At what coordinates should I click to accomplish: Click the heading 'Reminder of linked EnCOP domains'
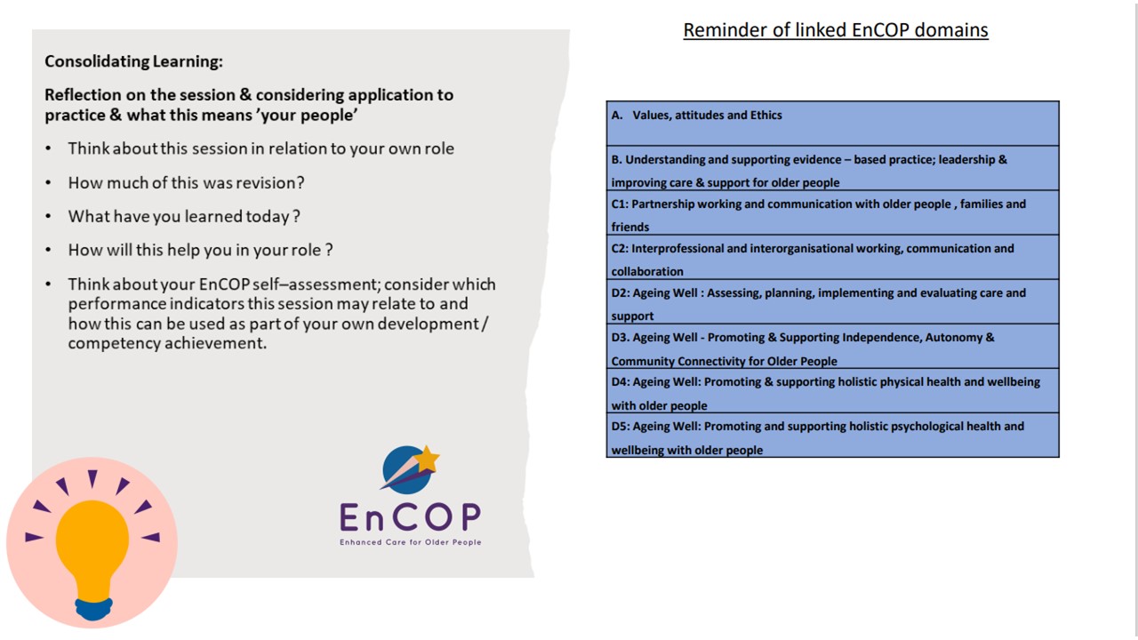tap(836, 30)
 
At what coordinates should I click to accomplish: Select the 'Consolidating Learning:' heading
tap(133, 61)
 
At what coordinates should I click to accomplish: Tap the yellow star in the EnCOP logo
tap(427, 459)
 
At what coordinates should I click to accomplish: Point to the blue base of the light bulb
tap(93, 609)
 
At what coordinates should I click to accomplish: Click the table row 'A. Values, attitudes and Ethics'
tap(833, 124)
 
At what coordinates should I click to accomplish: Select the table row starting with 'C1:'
tap(833, 212)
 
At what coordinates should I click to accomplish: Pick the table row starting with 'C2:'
tap(833, 257)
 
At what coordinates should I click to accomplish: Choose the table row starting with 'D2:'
tap(833, 301)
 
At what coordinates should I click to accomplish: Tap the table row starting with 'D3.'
tap(833, 346)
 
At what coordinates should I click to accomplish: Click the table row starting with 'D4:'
tap(833, 390)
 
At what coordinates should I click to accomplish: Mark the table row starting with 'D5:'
tap(833, 435)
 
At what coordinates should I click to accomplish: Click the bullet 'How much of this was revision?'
tap(186, 182)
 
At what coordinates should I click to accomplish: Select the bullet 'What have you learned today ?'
tap(184, 216)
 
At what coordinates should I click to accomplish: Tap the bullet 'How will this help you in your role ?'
tap(200, 250)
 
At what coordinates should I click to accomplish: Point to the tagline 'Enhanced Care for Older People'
tap(411, 542)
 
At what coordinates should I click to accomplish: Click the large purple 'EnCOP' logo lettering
tap(410, 517)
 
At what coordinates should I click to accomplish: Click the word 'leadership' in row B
tap(968, 159)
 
